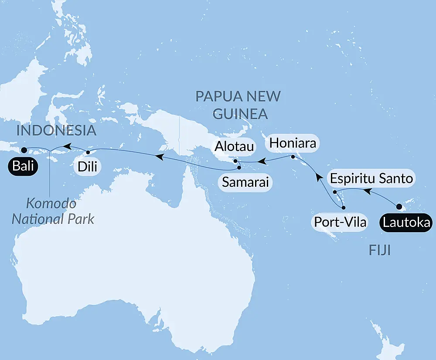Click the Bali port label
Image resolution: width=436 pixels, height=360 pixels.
[x=21, y=166]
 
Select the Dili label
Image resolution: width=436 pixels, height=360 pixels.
[x=88, y=167]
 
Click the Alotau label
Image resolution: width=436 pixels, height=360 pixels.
[x=234, y=147]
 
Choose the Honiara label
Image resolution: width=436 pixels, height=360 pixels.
[x=293, y=142]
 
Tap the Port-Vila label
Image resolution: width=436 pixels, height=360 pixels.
[x=340, y=223]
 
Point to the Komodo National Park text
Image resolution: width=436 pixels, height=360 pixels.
[x=53, y=211]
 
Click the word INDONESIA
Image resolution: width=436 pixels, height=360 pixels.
[x=56, y=130]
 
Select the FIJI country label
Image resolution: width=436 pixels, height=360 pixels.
[x=379, y=250]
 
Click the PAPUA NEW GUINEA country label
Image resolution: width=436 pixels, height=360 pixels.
[x=238, y=105]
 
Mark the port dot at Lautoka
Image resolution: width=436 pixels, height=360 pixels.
[x=399, y=206]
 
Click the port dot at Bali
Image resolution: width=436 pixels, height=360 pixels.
[x=24, y=150]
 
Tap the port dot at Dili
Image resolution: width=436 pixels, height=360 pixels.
[x=88, y=153]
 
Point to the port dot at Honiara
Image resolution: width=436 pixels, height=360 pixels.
[x=293, y=157]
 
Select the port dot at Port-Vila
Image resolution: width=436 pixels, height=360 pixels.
[x=344, y=208]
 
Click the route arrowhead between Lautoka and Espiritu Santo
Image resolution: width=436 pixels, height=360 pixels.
[x=368, y=191]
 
